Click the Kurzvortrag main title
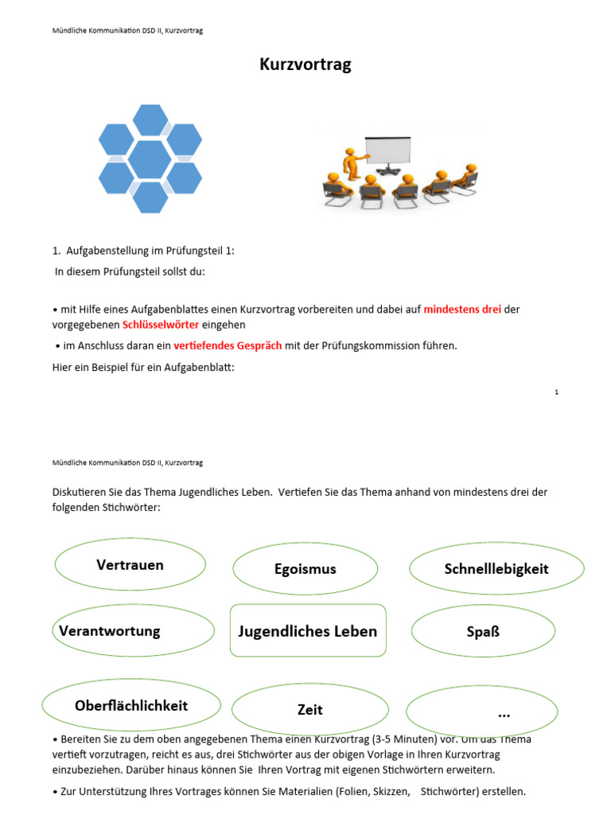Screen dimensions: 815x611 pos(305,65)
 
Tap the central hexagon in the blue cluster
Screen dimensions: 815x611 pos(150,159)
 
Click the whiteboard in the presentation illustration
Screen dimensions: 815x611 pos(387,151)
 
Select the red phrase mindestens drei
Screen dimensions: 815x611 pos(462,309)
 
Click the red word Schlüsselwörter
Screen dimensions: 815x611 pos(161,325)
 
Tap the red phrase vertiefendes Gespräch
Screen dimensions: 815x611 pos(227,345)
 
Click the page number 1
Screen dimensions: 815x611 pos(557,392)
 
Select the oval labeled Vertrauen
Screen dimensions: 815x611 pos(130,565)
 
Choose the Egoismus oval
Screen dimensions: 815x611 pos(305,569)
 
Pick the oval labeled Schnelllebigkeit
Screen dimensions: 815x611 pos(496,569)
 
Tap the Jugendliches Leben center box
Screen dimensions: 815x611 pos(308,631)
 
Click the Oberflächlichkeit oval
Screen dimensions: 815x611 pos(131,706)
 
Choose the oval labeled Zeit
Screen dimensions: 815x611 pos(310,709)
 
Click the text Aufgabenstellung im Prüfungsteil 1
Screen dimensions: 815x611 pos(150,251)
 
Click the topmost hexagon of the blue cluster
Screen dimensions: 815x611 pos(150,120)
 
